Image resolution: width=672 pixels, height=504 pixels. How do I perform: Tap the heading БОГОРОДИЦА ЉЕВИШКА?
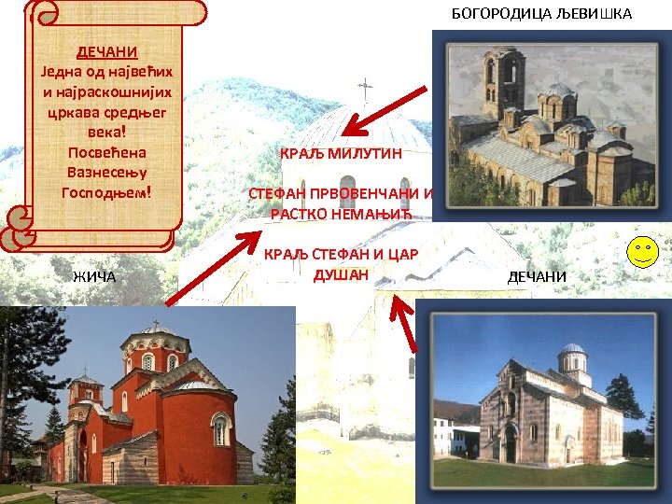click(541, 13)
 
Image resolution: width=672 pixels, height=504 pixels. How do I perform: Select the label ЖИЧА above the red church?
click(94, 276)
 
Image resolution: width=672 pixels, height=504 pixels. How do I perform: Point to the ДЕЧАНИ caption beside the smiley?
click(537, 276)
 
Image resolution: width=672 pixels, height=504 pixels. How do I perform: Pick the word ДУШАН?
click(342, 274)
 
